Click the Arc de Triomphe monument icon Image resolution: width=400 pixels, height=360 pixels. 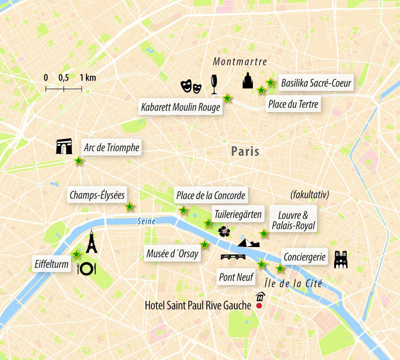click(x=64, y=146)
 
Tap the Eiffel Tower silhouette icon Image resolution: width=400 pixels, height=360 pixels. click(x=92, y=242)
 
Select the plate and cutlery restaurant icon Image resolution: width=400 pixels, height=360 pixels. click(x=86, y=269)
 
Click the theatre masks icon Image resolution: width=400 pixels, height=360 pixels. click(x=191, y=86)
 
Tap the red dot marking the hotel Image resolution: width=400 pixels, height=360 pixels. click(x=259, y=306)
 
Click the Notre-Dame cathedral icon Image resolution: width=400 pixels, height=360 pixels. click(x=341, y=259)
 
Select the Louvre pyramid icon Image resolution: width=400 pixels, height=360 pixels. click(x=248, y=242)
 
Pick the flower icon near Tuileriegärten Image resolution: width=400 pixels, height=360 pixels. click(x=224, y=231)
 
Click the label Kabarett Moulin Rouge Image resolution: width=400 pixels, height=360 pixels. click(x=180, y=107)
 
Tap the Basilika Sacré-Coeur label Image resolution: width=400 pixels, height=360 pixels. click(x=316, y=83)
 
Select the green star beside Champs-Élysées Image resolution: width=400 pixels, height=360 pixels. click(x=130, y=207)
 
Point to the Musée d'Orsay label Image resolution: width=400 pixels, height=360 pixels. click(x=172, y=253)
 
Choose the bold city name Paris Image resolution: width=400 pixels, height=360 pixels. click(x=245, y=151)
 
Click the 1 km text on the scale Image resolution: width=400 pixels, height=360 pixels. click(x=88, y=78)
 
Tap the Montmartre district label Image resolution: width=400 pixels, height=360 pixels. click(x=240, y=62)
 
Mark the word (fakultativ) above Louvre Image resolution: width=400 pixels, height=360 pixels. click(x=310, y=195)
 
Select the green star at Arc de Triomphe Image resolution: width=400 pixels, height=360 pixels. click(x=79, y=161)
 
